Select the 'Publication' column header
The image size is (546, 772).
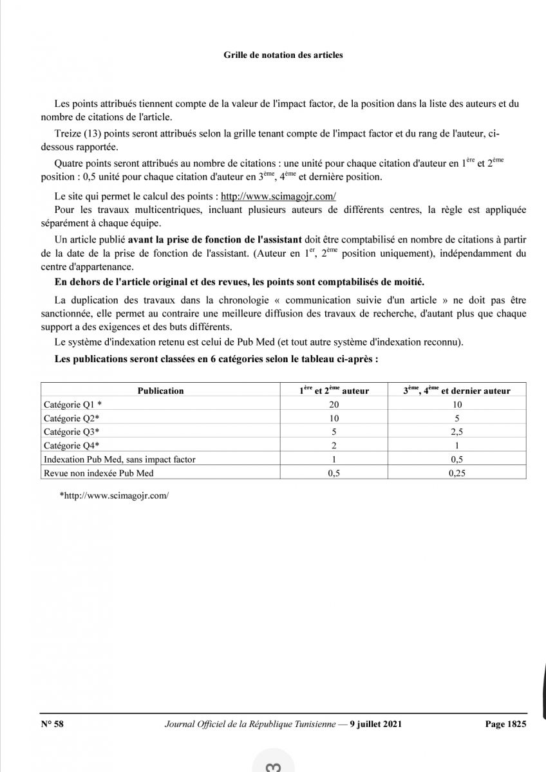tap(160, 391)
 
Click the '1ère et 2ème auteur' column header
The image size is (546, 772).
tap(334, 390)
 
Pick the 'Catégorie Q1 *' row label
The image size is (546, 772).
tap(73, 405)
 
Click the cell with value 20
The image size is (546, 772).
tap(334, 405)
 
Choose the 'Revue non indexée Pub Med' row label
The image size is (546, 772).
tap(99, 473)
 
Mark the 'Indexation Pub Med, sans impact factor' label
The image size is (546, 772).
tap(119, 459)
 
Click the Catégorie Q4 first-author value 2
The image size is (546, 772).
tap(334, 445)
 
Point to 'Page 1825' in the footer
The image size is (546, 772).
tap(505, 724)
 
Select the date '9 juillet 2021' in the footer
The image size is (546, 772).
tap(375, 724)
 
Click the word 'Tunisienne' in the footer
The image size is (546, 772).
tap(315, 724)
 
